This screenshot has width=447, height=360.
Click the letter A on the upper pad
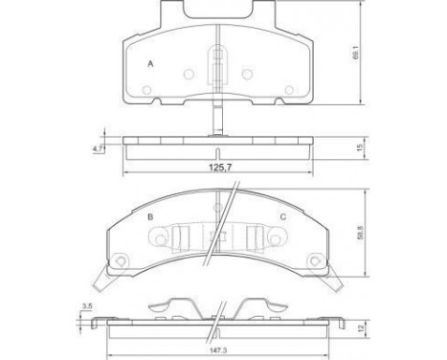150,63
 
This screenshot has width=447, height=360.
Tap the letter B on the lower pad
150,216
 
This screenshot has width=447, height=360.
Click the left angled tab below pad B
101,279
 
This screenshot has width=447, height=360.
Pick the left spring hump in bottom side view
171,305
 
